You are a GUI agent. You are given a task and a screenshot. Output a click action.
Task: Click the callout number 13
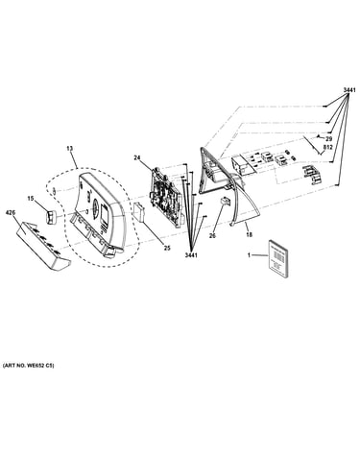(x=69, y=149)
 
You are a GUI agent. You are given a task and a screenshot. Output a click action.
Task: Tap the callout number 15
(x=31, y=199)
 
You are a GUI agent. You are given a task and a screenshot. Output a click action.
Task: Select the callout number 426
(x=11, y=212)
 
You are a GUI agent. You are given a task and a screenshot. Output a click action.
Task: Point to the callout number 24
(x=137, y=157)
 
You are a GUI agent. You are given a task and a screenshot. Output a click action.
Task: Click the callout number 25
(x=167, y=248)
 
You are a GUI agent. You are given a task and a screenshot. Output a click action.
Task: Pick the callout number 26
(x=212, y=236)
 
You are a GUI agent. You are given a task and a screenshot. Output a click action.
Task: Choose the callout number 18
(x=249, y=235)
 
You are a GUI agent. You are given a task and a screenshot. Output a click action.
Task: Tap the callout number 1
(x=249, y=255)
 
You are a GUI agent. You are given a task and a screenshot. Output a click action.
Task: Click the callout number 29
(x=329, y=139)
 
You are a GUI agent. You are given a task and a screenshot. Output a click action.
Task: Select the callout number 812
(x=328, y=147)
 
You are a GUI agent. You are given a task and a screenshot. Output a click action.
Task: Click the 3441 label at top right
(x=349, y=90)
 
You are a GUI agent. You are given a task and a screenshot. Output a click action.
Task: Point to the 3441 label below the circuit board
(x=191, y=255)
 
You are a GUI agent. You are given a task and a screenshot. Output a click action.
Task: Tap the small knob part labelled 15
(x=51, y=217)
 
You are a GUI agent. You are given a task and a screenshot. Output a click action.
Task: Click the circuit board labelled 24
(x=166, y=196)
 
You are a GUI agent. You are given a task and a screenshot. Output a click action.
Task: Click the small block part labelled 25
(x=139, y=211)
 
